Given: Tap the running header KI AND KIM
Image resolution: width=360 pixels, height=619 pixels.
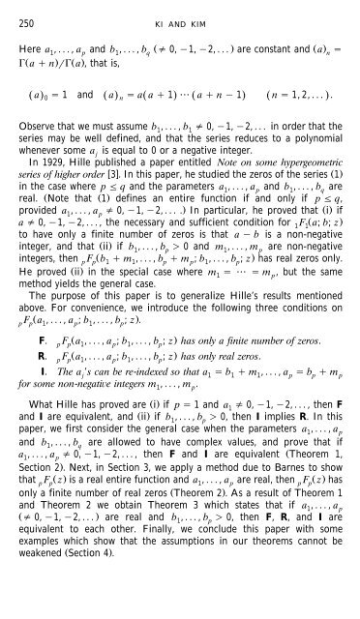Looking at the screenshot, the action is pos(181,12).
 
